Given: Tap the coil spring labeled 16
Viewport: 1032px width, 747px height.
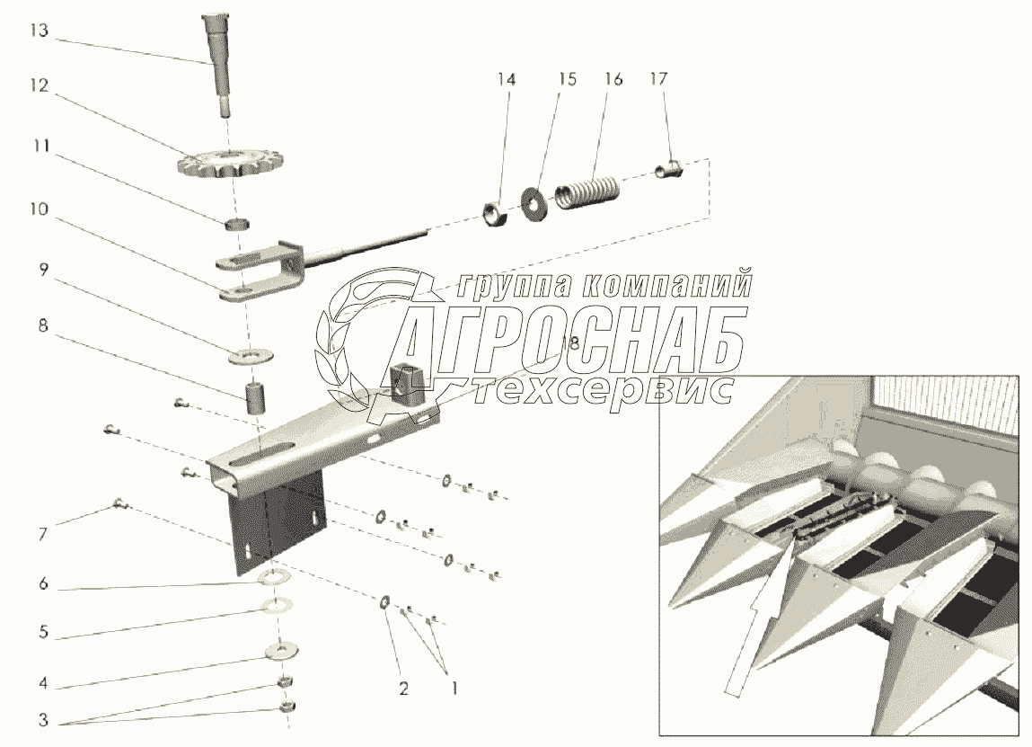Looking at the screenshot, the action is [585, 193].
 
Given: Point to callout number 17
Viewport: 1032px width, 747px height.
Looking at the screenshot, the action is [658, 79].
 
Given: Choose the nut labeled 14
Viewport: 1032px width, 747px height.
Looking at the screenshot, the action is [495, 214].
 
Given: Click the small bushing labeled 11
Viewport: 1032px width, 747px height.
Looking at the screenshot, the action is [234, 223].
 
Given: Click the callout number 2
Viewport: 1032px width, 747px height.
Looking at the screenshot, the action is [403, 689].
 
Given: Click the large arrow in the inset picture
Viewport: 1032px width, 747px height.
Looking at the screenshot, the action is [756, 620].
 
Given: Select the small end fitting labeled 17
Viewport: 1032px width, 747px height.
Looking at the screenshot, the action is [669, 167].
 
